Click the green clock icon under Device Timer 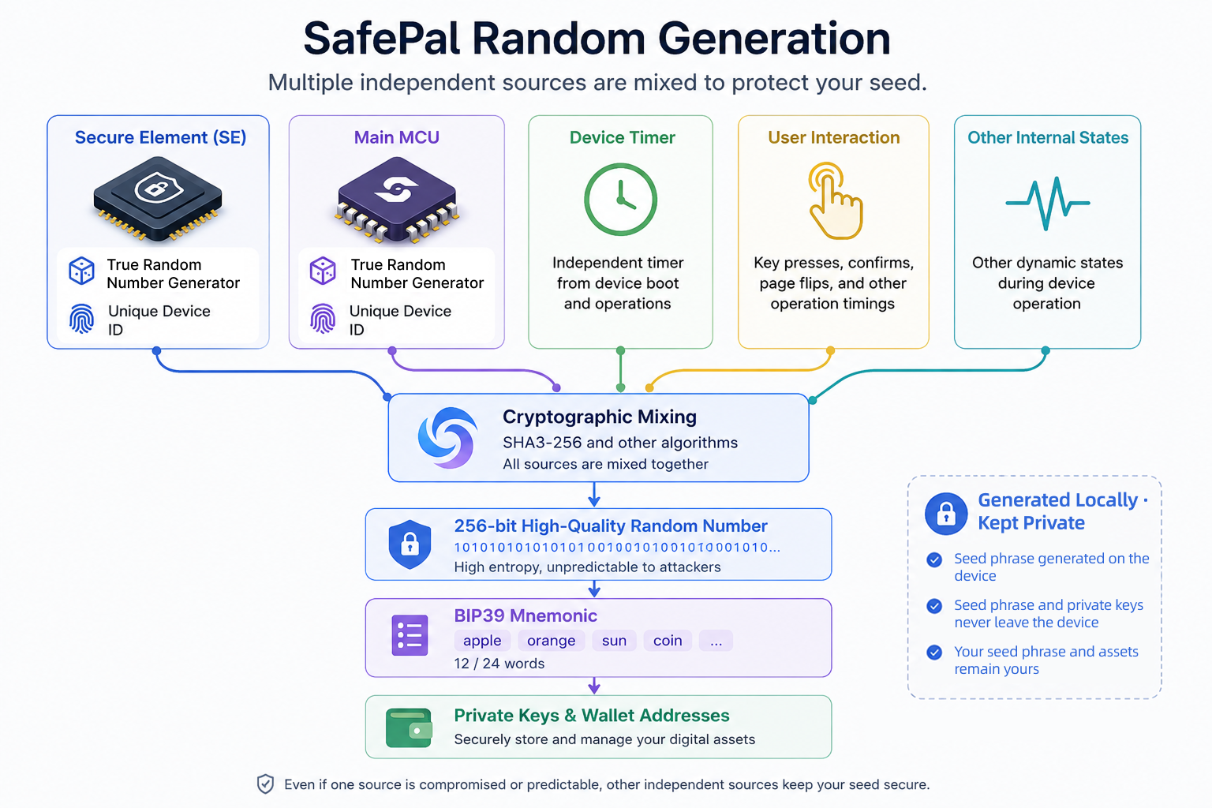point(620,199)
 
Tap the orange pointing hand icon point(834,200)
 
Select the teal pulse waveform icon point(1048,204)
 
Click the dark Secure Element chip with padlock point(158,198)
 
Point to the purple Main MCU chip point(397,199)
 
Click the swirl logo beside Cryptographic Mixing point(447,437)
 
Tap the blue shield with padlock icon point(410,544)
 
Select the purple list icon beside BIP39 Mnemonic point(410,635)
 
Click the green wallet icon point(409,728)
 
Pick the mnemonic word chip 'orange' point(551,640)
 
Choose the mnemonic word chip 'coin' point(667,640)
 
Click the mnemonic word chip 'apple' point(482,640)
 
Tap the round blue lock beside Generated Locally point(946,514)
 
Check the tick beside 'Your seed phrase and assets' point(934,652)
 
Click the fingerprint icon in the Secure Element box point(82,319)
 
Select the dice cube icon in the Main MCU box point(323,271)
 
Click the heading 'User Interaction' point(834,137)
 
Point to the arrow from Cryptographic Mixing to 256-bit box point(594,494)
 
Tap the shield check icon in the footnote point(265,784)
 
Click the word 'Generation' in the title point(774,39)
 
